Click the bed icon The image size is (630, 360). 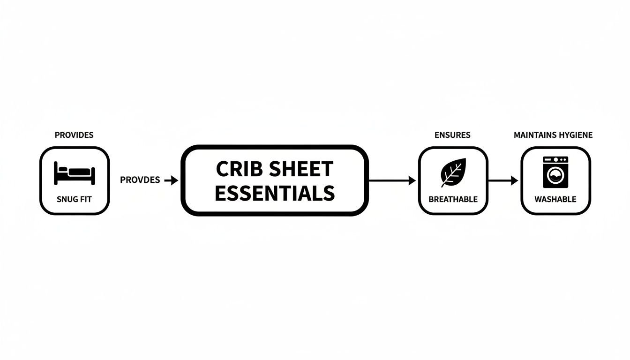click(x=75, y=173)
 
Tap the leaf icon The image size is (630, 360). click(x=453, y=172)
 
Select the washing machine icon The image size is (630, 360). click(x=555, y=172)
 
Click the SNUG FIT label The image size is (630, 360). click(x=74, y=199)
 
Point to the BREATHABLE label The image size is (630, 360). click(x=453, y=199)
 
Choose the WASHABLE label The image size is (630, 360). click(x=555, y=199)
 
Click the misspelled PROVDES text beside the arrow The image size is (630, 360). click(x=140, y=180)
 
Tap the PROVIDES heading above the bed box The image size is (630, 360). click(x=74, y=135)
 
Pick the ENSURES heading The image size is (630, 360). click(x=452, y=135)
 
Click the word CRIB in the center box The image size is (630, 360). click(x=236, y=169)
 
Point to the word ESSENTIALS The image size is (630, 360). click(x=275, y=193)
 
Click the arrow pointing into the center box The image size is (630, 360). click(x=172, y=180)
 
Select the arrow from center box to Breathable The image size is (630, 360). click(x=392, y=180)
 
